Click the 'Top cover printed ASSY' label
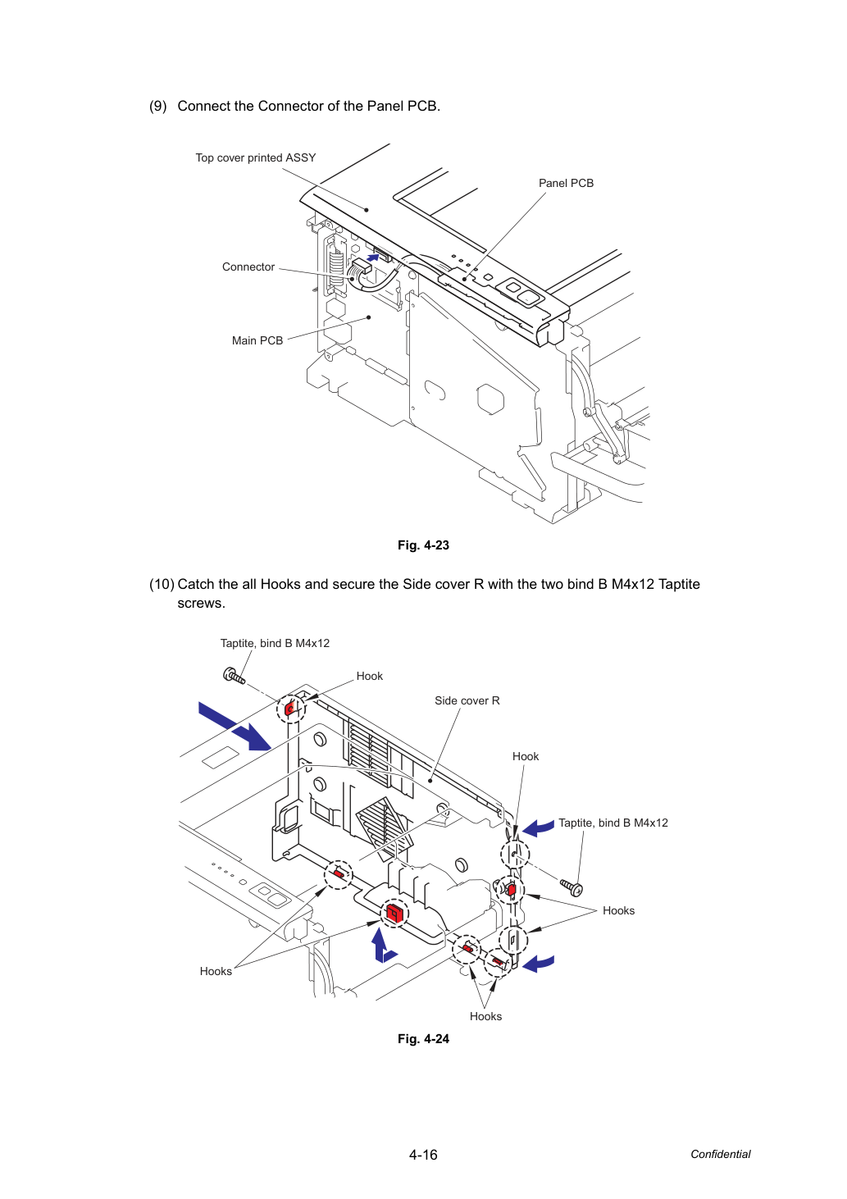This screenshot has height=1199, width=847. [255, 158]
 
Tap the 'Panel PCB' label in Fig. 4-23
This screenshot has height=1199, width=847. [566, 183]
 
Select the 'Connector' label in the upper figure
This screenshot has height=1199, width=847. [248, 267]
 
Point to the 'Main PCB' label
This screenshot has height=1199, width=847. [257, 340]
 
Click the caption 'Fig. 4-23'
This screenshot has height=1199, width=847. [423, 545]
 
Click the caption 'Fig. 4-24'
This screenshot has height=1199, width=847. [423, 1038]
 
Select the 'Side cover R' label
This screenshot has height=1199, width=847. [467, 700]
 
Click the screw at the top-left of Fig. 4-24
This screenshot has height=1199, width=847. [234, 676]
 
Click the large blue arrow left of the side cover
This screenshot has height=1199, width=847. [235, 727]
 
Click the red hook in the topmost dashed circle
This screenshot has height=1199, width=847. [290, 709]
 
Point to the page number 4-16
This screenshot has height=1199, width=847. [423, 1155]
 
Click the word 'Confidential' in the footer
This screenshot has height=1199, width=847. [720, 1154]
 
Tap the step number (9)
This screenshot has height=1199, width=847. [158, 106]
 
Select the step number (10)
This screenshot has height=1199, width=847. [162, 584]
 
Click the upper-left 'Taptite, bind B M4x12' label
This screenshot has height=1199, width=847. [275, 643]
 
